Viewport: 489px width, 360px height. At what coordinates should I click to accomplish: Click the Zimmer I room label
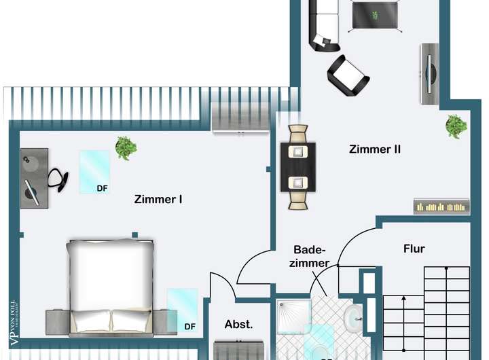pos(158,200)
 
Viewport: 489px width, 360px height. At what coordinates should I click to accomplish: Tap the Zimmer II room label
pos(374,149)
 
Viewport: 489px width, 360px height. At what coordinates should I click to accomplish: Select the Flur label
pos(414,249)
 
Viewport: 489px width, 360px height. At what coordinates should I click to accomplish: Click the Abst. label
pos(238,325)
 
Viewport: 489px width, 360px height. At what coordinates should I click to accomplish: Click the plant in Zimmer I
pos(125,147)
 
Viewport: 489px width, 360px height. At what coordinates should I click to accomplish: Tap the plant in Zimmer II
pos(456,126)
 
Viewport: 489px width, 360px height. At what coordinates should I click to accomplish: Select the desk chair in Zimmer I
pos(58,178)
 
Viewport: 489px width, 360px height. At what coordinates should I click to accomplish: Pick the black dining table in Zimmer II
pos(297,166)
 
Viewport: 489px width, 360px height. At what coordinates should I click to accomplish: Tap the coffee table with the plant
pos(375,15)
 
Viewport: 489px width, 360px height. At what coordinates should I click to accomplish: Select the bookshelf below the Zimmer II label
pos(441,206)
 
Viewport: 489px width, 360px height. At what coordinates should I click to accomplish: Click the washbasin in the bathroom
pos(353,318)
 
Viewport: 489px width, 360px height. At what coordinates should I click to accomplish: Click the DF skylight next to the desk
pos(94,172)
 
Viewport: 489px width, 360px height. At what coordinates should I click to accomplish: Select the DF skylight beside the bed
pos(182,310)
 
